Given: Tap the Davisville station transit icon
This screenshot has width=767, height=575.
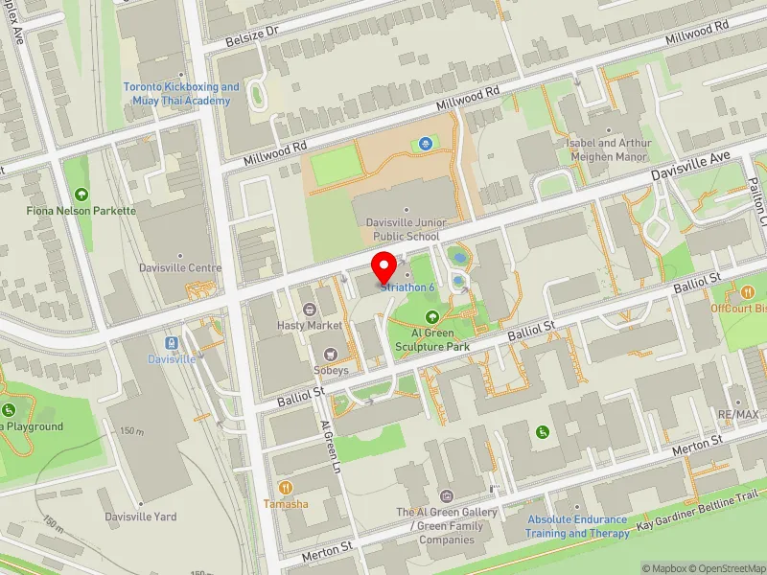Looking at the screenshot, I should pyautogui.click(x=171, y=343).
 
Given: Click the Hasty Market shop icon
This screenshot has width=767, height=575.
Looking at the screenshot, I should pyautogui.click(x=310, y=309).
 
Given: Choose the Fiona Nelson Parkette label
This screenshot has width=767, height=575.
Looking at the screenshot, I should pyautogui.click(x=81, y=211).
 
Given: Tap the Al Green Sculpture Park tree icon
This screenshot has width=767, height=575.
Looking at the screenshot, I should pyautogui.click(x=433, y=316).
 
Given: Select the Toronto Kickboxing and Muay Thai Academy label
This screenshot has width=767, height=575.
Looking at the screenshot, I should pyautogui.click(x=181, y=94).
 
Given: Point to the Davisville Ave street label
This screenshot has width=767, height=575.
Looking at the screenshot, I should pyautogui.click(x=690, y=166).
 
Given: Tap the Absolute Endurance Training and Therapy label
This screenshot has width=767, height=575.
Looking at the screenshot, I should pyautogui.click(x=577, y=526).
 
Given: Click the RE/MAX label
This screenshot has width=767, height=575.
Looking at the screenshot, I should pyautogui.click(x=737, y=415).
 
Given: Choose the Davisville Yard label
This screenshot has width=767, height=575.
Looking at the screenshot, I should pyautogui.click(x=141, y=517).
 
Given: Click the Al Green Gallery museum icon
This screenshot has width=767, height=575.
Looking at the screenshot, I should pyautogui.click(x=446, y=495).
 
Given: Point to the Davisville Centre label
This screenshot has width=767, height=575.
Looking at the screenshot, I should pyautogui.click(x=180, y=268).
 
